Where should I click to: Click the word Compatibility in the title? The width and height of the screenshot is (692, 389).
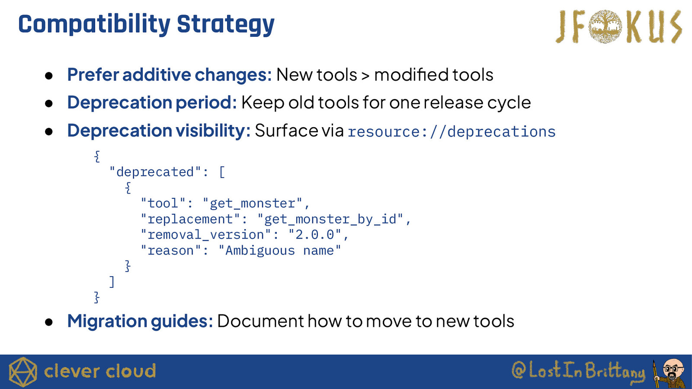pos(94,25)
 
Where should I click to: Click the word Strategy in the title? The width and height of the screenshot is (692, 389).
pos(225,25)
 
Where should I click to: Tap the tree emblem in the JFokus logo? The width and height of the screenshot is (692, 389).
pos(605,26)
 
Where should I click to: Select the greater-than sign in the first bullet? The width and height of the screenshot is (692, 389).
pos(365,76)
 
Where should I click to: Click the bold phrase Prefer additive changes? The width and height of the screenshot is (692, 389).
pos(170,75)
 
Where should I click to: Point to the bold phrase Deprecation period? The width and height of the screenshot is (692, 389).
pos(152,102)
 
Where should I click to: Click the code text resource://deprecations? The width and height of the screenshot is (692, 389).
pos(452,131)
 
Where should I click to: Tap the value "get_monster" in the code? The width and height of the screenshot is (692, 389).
pos(253,204)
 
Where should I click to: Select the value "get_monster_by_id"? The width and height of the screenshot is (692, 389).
pos(330,219)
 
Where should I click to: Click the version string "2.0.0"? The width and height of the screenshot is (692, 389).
pos(315,235)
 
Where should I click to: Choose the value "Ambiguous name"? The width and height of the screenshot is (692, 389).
pos(279,250)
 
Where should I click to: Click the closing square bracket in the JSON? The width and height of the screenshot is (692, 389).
pos(112,282)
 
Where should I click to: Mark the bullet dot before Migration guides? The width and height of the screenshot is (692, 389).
pos(49,322)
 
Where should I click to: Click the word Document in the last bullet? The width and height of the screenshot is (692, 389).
pos(260,321)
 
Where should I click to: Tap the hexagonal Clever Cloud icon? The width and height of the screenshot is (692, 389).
pos(23,372)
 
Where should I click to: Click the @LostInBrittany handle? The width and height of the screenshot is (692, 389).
pos(578,372)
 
